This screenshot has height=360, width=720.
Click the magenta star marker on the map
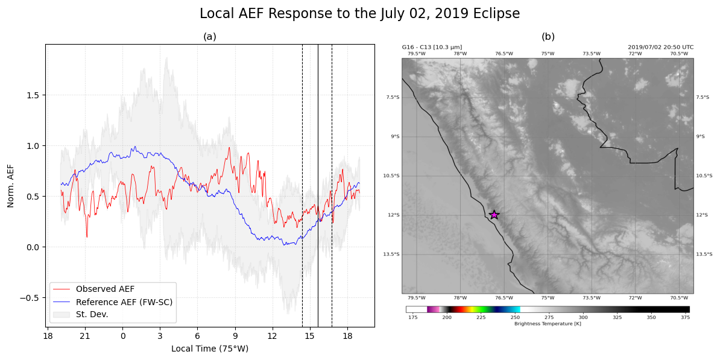[494, 215]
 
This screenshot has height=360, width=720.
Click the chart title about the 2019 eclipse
[359, 14]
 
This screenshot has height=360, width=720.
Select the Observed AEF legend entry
[113, 289]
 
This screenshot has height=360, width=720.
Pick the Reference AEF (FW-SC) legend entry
[124, 302]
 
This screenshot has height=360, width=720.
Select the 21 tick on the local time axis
[85, 336]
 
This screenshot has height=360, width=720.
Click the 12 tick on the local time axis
[272, 336]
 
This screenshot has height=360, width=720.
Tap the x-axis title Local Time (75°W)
[210, 349]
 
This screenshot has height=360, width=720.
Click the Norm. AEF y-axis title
[11, 186]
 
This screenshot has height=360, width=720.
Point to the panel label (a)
[210, 37]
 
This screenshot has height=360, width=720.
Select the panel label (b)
[548, 37]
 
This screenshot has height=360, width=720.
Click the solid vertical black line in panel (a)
[318, 181]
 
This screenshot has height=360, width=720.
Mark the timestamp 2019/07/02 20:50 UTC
[660, 47]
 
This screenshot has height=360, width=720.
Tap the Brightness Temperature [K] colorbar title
[548, 324]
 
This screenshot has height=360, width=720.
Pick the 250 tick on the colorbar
[515, 317]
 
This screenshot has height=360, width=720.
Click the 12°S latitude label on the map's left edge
[393, 215]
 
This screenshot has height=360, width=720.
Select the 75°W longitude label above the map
[548, 54]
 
